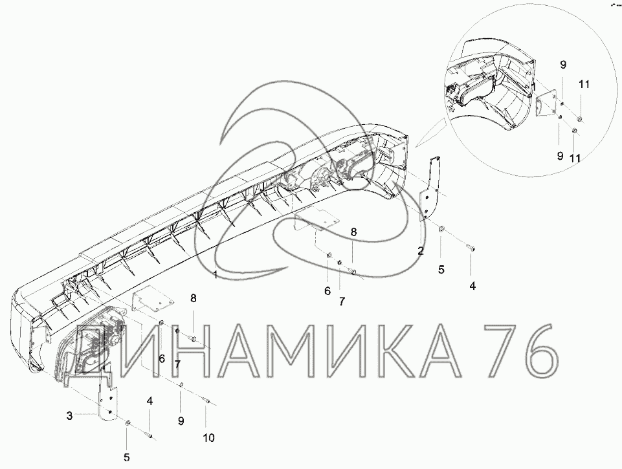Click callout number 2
point(421,250)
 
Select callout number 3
point(69,416)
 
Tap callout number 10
point(208,438)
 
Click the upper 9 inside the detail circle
point(563,65)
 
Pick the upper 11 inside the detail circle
point(584,84)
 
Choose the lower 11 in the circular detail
point(575,158)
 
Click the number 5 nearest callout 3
point(127,457)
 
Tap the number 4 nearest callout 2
point(472,285)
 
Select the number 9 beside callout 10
point(181,421)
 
